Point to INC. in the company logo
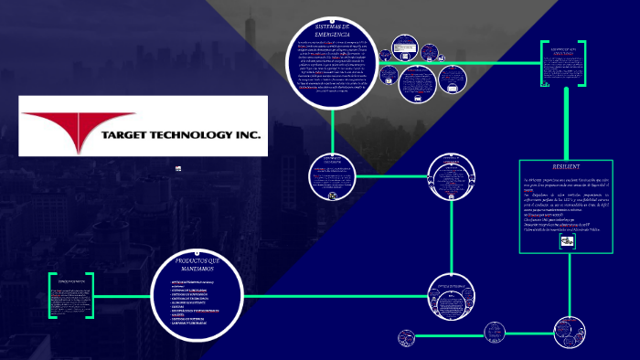click(248, 136)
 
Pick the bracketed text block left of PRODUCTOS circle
click(71, 295)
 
